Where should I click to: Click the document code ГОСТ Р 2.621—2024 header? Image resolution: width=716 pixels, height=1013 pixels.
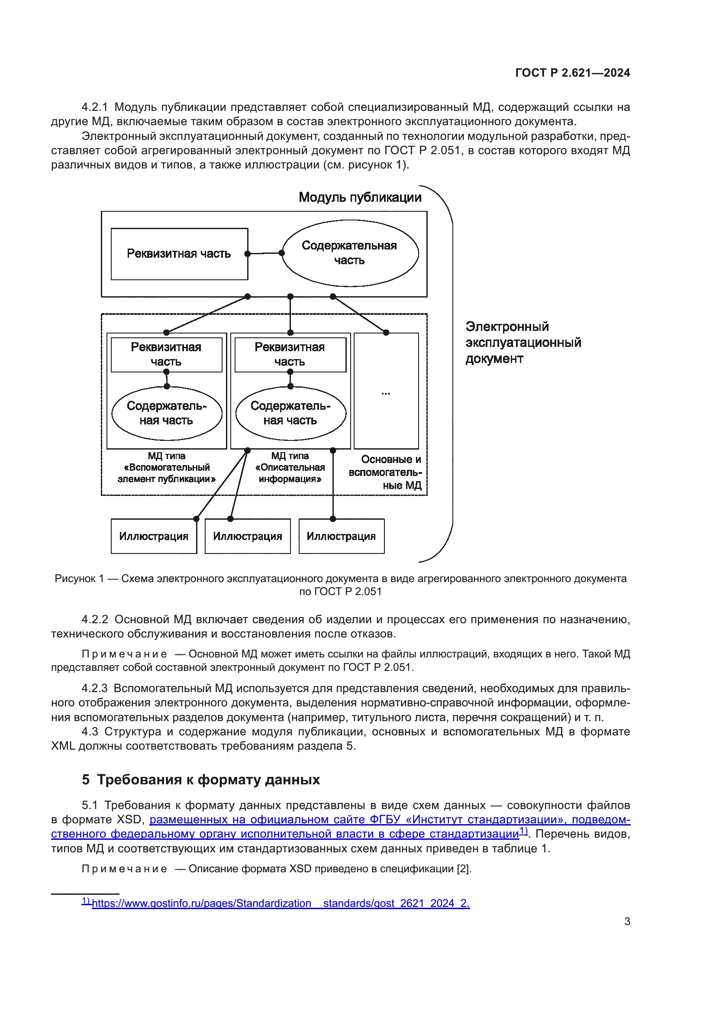tap(572, 73)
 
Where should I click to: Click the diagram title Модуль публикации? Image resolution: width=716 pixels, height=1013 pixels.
tap(360, 197)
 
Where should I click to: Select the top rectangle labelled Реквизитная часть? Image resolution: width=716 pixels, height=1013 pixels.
tap(179, 254)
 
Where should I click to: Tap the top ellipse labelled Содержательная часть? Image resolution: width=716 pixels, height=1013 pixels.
tap(350, 253)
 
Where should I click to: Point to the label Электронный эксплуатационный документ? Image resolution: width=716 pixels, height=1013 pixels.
tap(523, 343)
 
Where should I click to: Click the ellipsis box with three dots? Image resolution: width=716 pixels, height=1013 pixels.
tap(386, 391)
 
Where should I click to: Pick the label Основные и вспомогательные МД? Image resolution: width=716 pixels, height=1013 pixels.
tap(386, 472)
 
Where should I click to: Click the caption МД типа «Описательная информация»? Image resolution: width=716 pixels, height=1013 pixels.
tap(290, 467)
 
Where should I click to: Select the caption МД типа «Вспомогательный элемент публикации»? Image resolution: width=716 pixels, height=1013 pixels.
tap(166, 467)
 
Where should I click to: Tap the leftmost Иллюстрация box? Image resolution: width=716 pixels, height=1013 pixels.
tap(153, 536)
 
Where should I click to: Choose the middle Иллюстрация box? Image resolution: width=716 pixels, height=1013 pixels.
tap(247, 536)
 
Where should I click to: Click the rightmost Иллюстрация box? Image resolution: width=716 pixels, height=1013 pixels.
tap(341, 536)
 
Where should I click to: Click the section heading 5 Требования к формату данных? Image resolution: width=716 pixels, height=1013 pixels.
tap(200, 780)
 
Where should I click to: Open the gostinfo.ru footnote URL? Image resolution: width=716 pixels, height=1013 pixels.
tap(281, 903)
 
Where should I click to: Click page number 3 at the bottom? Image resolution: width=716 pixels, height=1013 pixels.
tap(627, 921)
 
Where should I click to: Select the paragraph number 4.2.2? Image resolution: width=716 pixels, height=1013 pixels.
tap(95, 619)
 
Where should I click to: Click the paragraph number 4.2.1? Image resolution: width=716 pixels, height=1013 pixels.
tap(94, 107)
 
